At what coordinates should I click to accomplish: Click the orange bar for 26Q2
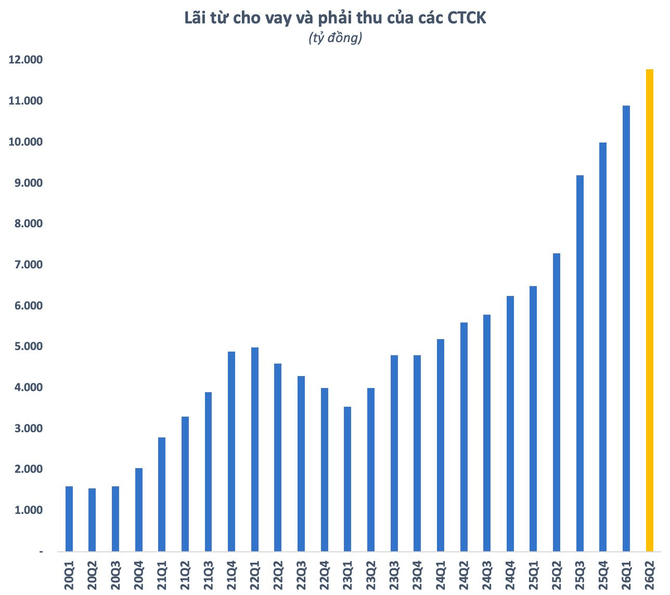pos(649,310)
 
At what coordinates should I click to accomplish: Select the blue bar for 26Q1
pos(626,328)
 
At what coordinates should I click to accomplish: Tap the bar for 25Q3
pos(579,363)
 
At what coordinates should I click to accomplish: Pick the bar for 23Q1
pos(347,479)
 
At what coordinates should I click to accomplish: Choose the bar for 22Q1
pos(255,449)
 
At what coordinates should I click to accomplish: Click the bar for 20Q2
pos(92,520)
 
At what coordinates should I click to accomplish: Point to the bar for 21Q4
pos(231,451)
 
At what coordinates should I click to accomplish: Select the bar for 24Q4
pos(510,424)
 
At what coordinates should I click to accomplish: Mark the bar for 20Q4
pos(138,510)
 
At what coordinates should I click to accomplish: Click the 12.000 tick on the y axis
pos(25,59)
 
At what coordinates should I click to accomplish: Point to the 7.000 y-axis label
pos(29,265)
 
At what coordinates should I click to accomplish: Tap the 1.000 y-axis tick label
pos(29,510)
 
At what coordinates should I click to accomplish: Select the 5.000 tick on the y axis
pos(29,346)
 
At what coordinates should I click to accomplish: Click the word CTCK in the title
pos(467,18)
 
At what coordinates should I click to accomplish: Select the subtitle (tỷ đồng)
pos(336,38)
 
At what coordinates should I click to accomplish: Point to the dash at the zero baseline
pos(41,552)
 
